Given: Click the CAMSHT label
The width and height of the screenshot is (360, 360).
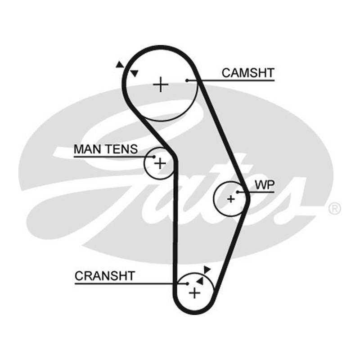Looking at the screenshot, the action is click(248, 73).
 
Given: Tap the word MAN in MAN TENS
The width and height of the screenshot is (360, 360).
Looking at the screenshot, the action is click(88, 149).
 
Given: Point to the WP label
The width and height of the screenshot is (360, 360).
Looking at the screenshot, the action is click(265, 185).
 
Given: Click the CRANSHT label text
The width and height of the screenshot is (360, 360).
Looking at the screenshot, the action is click(105, 276).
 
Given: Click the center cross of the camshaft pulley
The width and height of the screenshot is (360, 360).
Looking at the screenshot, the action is click(161, 85).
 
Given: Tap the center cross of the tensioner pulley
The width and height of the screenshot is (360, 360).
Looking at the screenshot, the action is click(160, 164).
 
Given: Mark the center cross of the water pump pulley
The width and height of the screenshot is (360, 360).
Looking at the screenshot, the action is click(231, 199).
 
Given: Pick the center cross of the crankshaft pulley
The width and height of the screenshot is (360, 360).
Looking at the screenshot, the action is click(194, 293).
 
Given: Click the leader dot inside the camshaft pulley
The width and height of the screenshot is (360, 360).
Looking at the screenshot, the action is click(187, 81).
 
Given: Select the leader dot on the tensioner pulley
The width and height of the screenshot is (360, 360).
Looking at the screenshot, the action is click(154, 157).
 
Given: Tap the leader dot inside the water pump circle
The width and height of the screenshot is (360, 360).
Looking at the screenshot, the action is click(238, 192).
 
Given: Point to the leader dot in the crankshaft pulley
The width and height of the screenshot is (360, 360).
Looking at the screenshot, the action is click(187, 284).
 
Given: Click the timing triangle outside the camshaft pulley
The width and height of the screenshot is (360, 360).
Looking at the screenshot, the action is click(119, 64).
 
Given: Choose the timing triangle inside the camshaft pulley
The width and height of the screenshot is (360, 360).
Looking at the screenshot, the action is click(134, 73).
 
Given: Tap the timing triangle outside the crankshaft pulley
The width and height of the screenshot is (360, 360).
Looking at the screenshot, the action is click(207, 270).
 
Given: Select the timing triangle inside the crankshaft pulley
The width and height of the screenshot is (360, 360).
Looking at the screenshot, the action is click(200, 281).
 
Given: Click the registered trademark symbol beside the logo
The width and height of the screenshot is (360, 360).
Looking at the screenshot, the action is click(335, 209).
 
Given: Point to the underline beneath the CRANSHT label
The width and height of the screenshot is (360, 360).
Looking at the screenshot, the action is click(131, 284).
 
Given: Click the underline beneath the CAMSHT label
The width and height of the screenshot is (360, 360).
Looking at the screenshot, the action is click(231, 81).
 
